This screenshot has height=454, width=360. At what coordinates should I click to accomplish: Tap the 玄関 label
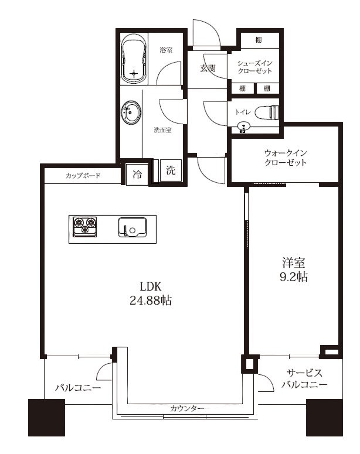[208, 69]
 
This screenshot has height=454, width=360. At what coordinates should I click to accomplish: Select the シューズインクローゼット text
[254, 66]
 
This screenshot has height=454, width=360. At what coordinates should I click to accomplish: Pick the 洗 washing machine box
[170, 172]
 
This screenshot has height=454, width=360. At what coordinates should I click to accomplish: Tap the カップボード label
[83, 175]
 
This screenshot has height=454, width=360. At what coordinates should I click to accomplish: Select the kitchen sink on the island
[134, 226]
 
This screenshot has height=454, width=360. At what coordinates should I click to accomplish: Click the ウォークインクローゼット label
[285, 157]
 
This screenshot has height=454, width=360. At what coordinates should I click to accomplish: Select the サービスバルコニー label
[303, 379]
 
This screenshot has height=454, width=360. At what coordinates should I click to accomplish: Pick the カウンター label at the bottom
[188, 408]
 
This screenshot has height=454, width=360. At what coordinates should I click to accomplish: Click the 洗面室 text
[162, 130]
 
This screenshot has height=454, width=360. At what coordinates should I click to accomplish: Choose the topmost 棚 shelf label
[259, 40]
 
